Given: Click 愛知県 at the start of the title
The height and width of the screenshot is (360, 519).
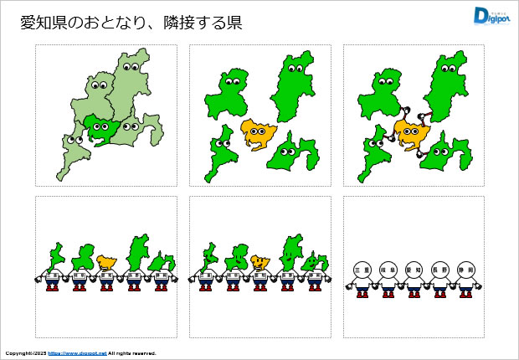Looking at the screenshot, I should tap(41, 23).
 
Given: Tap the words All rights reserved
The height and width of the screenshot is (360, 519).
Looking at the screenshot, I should tap(132, 353).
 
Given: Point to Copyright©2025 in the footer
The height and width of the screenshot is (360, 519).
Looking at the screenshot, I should tap(24, 353).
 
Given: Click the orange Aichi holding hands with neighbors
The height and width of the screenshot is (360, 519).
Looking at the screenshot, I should tap(411, 131).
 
